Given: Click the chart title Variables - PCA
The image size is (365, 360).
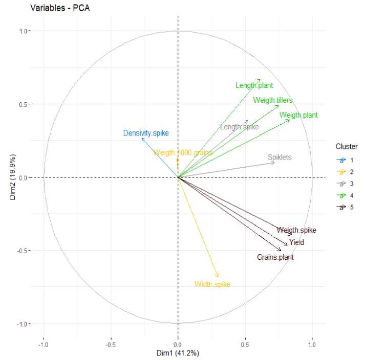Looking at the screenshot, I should [x=56, y=8].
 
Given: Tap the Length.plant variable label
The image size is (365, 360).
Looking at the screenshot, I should [x=254, y=86].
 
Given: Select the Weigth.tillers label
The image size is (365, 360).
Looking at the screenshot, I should [x=273, y=100].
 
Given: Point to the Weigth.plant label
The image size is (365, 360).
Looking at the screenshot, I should [x=299, y=115].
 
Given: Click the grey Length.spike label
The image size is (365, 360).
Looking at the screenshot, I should [x=239, y=127].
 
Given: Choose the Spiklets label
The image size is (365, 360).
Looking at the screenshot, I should [x=280, y=157].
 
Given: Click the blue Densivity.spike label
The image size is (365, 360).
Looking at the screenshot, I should [x=146, y=133].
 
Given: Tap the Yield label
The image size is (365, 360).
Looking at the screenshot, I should [x=296, y=242].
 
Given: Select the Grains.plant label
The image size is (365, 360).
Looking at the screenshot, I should [x=275, y=257].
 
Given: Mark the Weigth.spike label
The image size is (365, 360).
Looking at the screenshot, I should [x=297, y=231].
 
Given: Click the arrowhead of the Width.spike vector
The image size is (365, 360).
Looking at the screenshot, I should [x=219, y=277].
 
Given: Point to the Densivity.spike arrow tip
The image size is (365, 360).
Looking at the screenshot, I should [x=142, y=139].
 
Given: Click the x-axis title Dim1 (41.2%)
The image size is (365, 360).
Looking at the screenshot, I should [x=178, y=353].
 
